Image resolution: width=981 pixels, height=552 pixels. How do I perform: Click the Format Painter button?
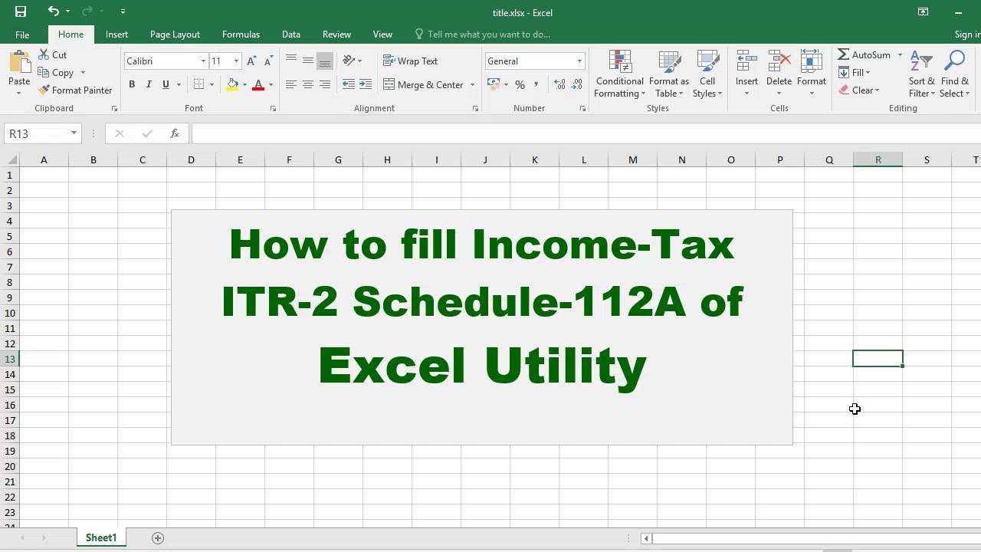(x=75, y=90)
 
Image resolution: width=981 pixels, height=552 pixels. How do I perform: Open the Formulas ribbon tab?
(x=241, y=34)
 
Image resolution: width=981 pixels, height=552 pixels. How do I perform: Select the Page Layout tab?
(x=175, y=34)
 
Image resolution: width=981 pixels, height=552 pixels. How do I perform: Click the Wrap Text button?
(x=410, y=61)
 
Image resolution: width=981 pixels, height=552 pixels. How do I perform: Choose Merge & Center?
(x=423, y=84)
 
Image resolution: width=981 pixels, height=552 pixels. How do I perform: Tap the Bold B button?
(x=132, y=84)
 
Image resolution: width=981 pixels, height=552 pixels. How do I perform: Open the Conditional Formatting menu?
(x=619, y=74)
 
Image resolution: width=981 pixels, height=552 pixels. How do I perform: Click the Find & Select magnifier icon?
(x=954, y=61)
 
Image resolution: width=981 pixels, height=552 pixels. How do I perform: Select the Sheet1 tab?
(x=101, y=537)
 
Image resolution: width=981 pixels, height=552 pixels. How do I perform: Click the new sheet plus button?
(x=158, y=538)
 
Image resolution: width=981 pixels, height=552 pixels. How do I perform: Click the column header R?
(x=878, y=160)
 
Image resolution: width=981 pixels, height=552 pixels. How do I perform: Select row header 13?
(x=10, y=360)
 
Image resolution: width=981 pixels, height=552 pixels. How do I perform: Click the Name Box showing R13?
(x=38, y=133)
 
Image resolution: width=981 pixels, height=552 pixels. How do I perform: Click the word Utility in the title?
(x=566, y=366)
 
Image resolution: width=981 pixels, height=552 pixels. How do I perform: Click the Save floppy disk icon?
(x=21, y=11)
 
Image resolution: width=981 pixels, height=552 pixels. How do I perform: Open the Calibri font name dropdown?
(x=203, y=61)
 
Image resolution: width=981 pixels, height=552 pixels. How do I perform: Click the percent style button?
(x=520, y=84)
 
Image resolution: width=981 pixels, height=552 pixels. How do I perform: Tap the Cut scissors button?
(x=53, y=54)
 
